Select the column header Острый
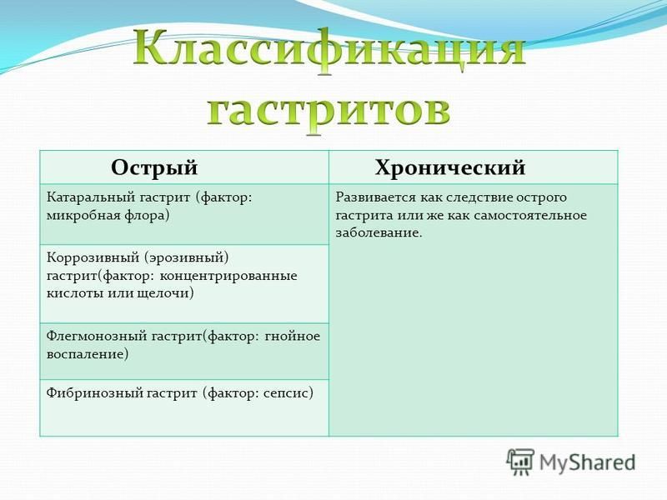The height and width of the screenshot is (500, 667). (x=154, y=167)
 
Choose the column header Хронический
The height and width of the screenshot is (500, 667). (x=450, y=167)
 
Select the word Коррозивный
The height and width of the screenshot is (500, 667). (x=93, y=258)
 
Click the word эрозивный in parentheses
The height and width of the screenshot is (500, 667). (x=186, y=258)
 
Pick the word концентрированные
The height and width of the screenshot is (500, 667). (x=228, y=277)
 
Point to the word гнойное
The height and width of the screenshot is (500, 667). (x=293, y=337)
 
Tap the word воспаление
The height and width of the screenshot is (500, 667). (x=88, y=355)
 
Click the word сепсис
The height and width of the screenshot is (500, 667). (x=288, y=393)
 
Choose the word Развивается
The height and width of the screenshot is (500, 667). (x=375, y=198)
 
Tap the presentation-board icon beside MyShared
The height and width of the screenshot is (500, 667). (x=520, y=462)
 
